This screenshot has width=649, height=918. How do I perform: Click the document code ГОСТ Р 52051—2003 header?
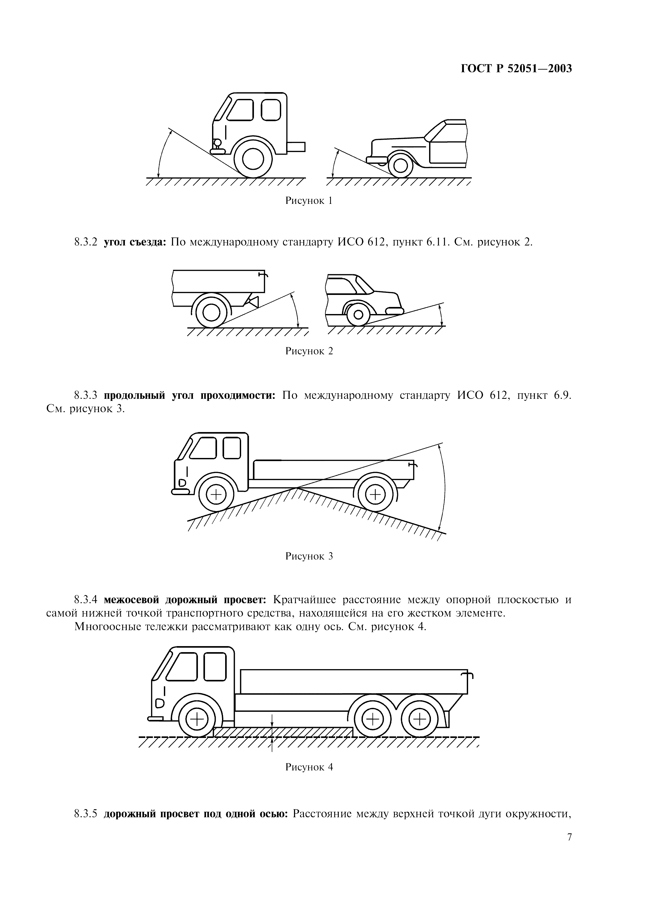coord(517,69)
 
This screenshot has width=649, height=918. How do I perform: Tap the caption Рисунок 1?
coord(309,201)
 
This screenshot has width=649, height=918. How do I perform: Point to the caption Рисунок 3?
coord(309,556)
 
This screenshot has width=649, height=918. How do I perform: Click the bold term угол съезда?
coord(135,243)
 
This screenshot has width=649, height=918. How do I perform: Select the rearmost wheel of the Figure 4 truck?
coord(419,720)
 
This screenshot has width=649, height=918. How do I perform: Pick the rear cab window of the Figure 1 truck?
coord(271,110)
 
